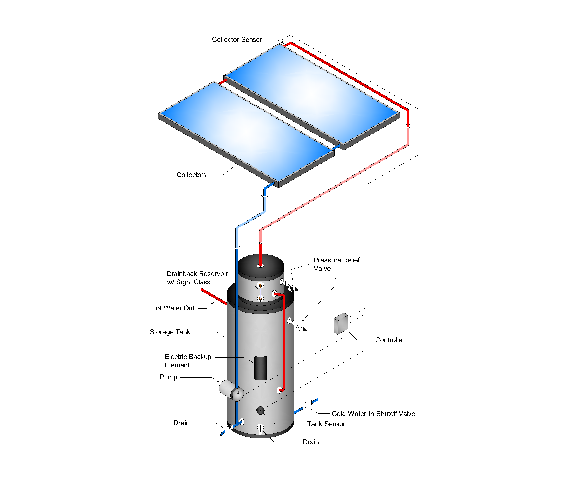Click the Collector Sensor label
click(x=237, y=40)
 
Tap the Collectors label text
click(x=192, y=175)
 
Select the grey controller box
click(x=341, y=323)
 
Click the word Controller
click(x=390, y=340)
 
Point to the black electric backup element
click(x=260, y=368)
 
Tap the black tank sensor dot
click(x=260, y=410)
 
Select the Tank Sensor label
click(x=326, y=424)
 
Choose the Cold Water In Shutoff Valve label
click(x=373, y=414)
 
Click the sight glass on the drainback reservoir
click(x=260, y=292)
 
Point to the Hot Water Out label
click(x=173, y=308)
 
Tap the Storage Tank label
click(x=170, y=332)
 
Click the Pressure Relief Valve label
click(x=336, y=264)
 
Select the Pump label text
click(x=168, y=377)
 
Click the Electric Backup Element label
click(x=188, y=361)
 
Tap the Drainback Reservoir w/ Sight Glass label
click(x=197, y=278)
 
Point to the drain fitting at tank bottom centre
click(x=260, y=429)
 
